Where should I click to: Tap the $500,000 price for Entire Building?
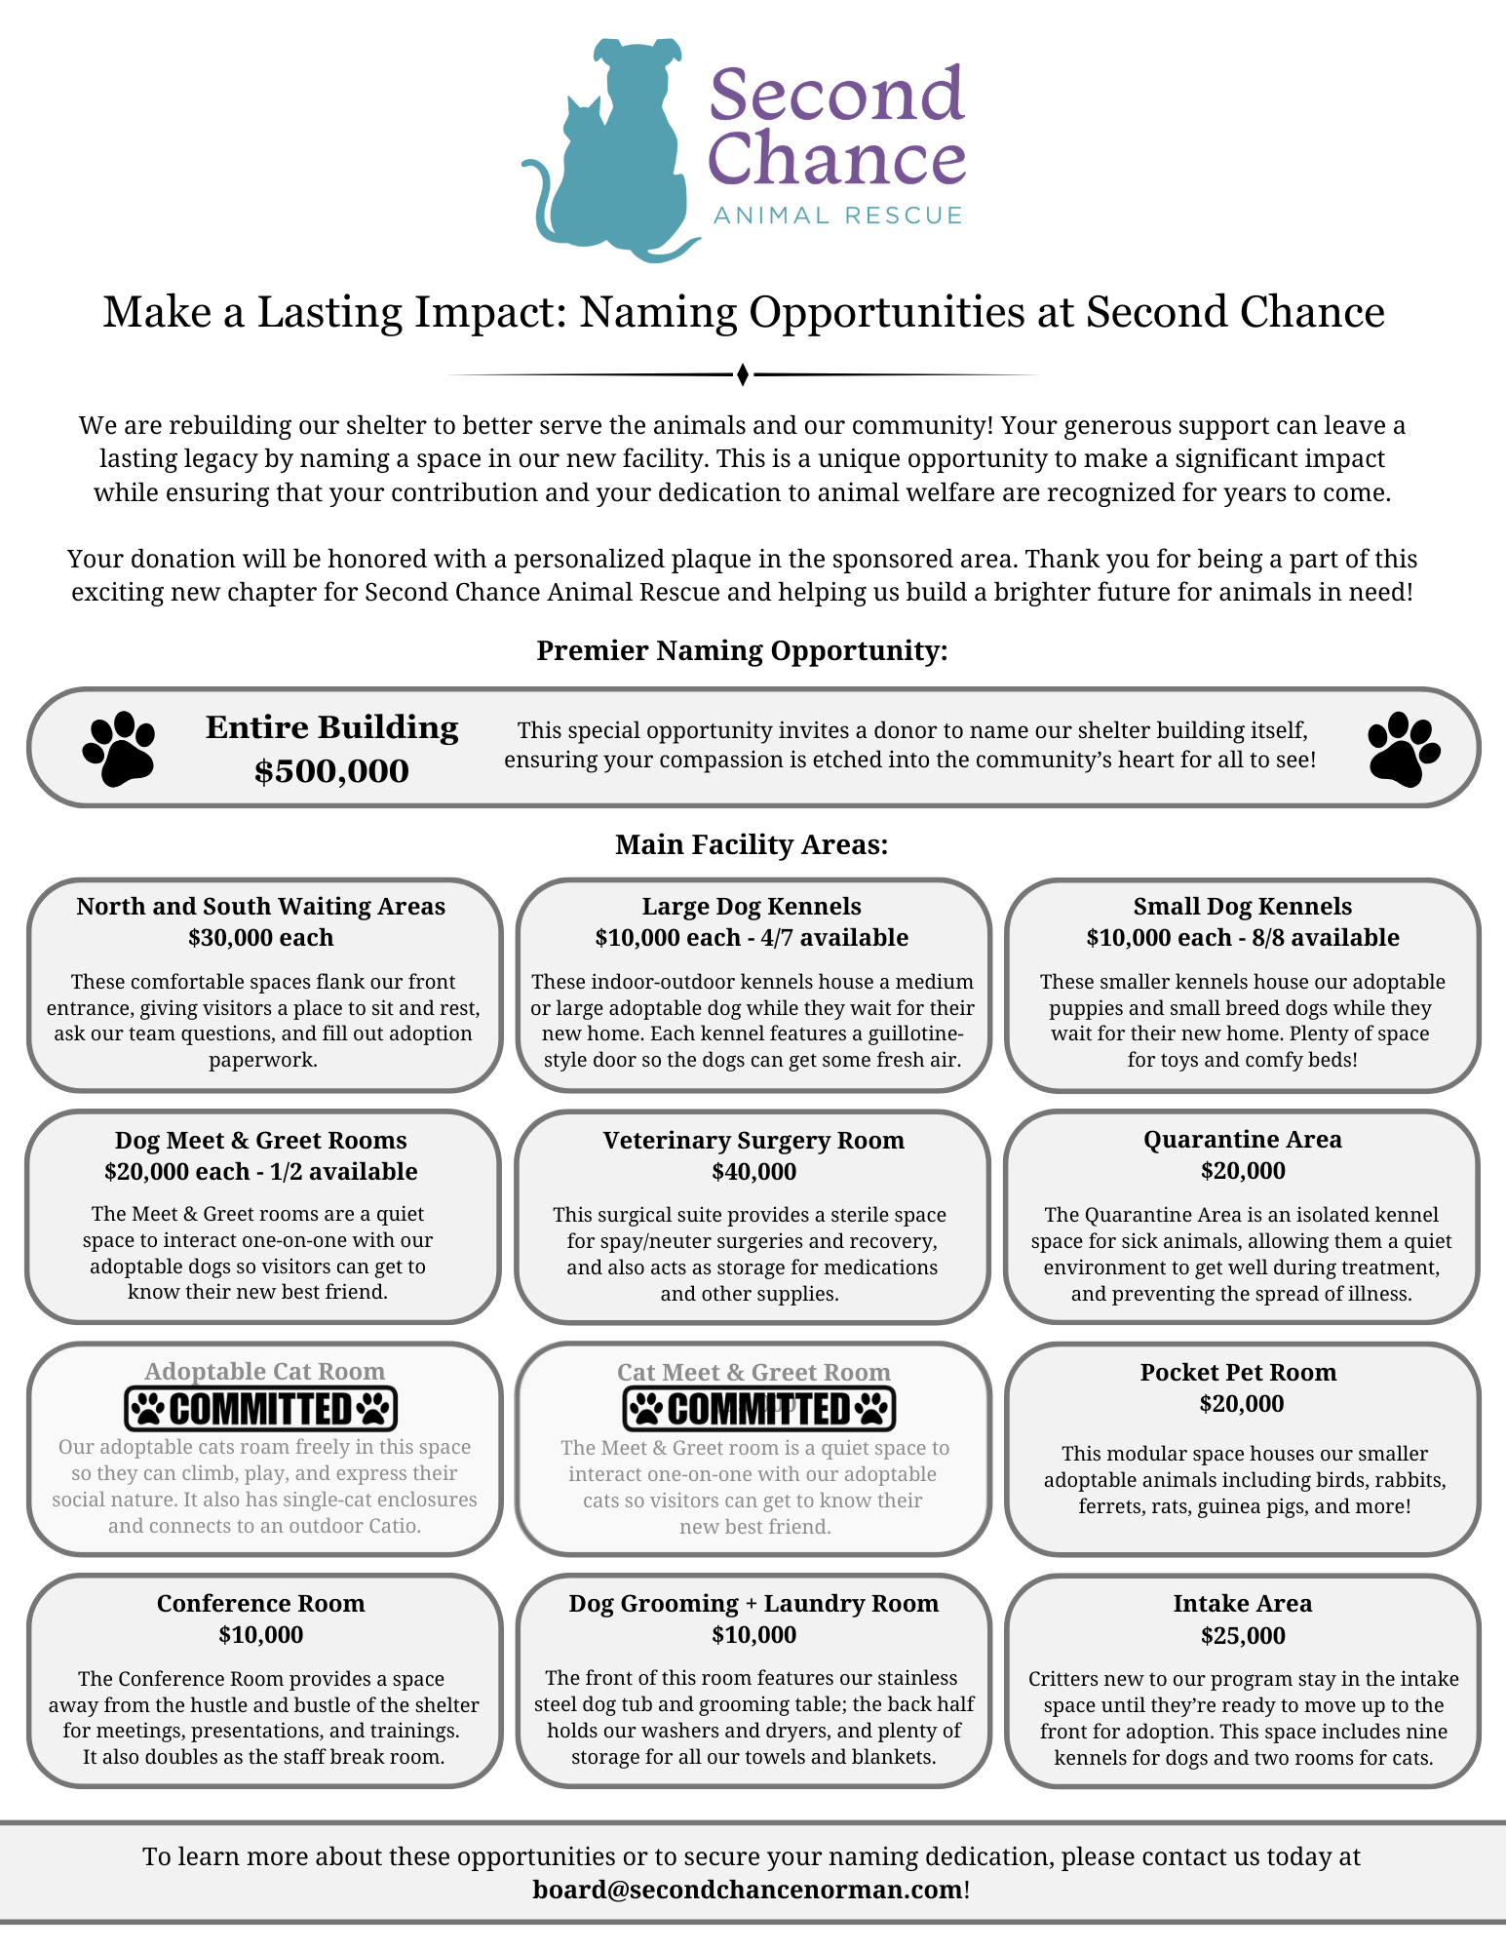click(331, 771)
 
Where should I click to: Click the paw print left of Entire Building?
click(119, 749)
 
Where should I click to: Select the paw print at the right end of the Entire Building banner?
click(1404, 749)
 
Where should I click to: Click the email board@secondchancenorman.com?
click(748, 1890)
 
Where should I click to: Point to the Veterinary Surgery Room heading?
click(753, 1140)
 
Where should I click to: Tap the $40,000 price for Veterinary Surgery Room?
click(753, 1171)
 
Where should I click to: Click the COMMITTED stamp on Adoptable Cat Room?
click(261, 1409)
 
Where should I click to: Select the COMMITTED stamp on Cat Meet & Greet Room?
click(758, 1409)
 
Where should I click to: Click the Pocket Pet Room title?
click(1238, 1372)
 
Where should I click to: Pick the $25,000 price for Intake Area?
click(1242, 1635)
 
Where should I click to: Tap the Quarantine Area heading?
click(1242, 1139)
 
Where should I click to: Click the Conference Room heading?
click(260, 1603)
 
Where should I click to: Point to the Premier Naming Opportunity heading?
click(742, 650)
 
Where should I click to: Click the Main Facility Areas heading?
click(752, 844)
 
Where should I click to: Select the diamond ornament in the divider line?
click(743, 374)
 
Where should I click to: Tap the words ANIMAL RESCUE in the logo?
click(838, 215)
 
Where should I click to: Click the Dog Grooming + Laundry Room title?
click(753, 1603)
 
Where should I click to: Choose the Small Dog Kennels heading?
click(1242, 906)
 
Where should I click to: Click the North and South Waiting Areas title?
click(260, 906)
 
